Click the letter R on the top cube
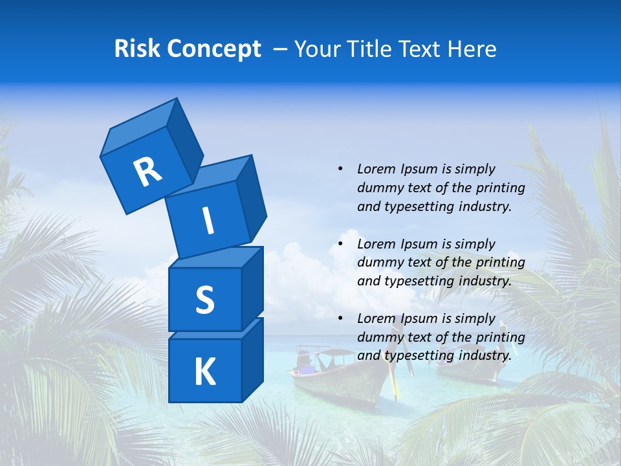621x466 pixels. [147, 172]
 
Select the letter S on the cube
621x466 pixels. [204, 300]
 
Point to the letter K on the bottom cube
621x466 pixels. [204, 372]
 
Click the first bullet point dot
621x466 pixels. [340, 170]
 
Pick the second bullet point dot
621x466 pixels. [340, 245]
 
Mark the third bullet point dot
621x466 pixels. [340, 319]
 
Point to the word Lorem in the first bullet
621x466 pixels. [376, 170]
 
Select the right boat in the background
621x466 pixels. [467, 366]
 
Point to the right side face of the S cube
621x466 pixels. [252, 288]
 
